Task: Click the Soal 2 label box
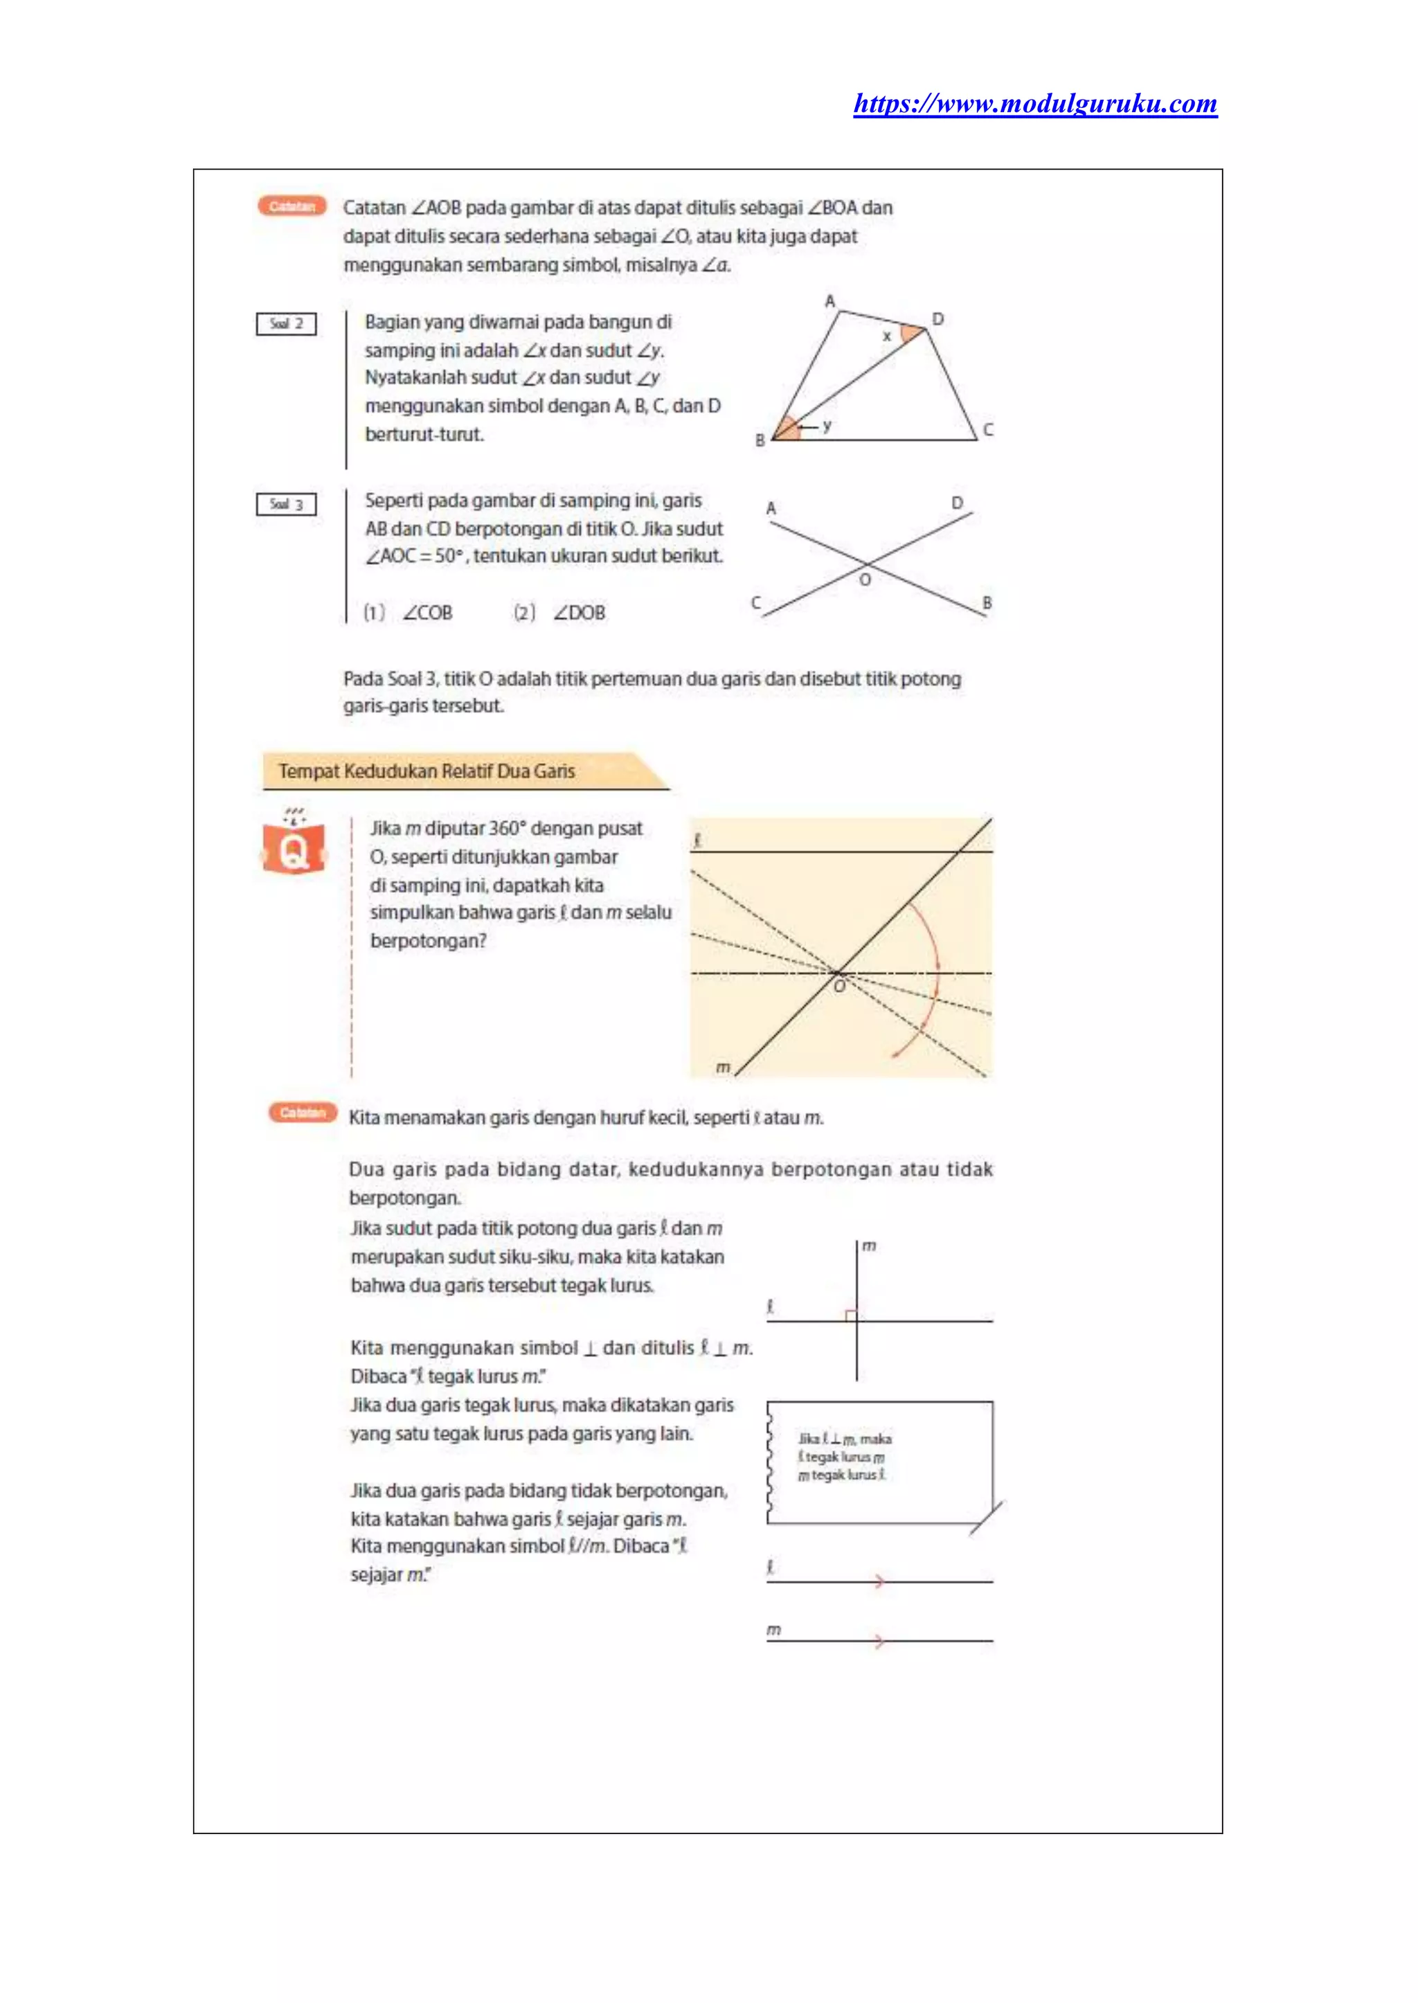(x=287, y=324)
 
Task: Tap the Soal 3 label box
(x=287, y=505)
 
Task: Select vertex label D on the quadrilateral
(x=937, y=320)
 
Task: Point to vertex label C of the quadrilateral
(x=987, y=429)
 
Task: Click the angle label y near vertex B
(x=827, y=425)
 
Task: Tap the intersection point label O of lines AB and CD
(x=864, y=580)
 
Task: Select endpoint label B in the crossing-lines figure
(x=987, y=602)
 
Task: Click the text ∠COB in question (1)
(x=428, y=613)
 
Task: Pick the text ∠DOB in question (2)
(x=579, y=613)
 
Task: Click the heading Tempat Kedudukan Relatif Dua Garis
(x=426, y=771)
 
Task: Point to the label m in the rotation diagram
(x=723, y=1067)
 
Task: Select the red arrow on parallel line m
(x=879, y=1641)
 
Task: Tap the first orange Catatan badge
(x=291, y=207)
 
